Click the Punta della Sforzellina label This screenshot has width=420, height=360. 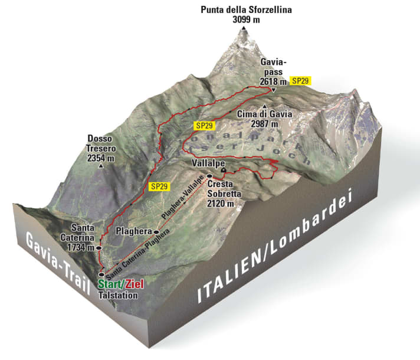click(x=246, y=10)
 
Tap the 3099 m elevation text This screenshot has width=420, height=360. click(x=247, y=19)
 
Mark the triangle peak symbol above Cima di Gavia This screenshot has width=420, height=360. click(x=256, y=106)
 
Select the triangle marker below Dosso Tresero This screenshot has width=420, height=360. click(x=101, y=167)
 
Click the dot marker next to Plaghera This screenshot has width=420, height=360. click(x=156, y=232)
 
